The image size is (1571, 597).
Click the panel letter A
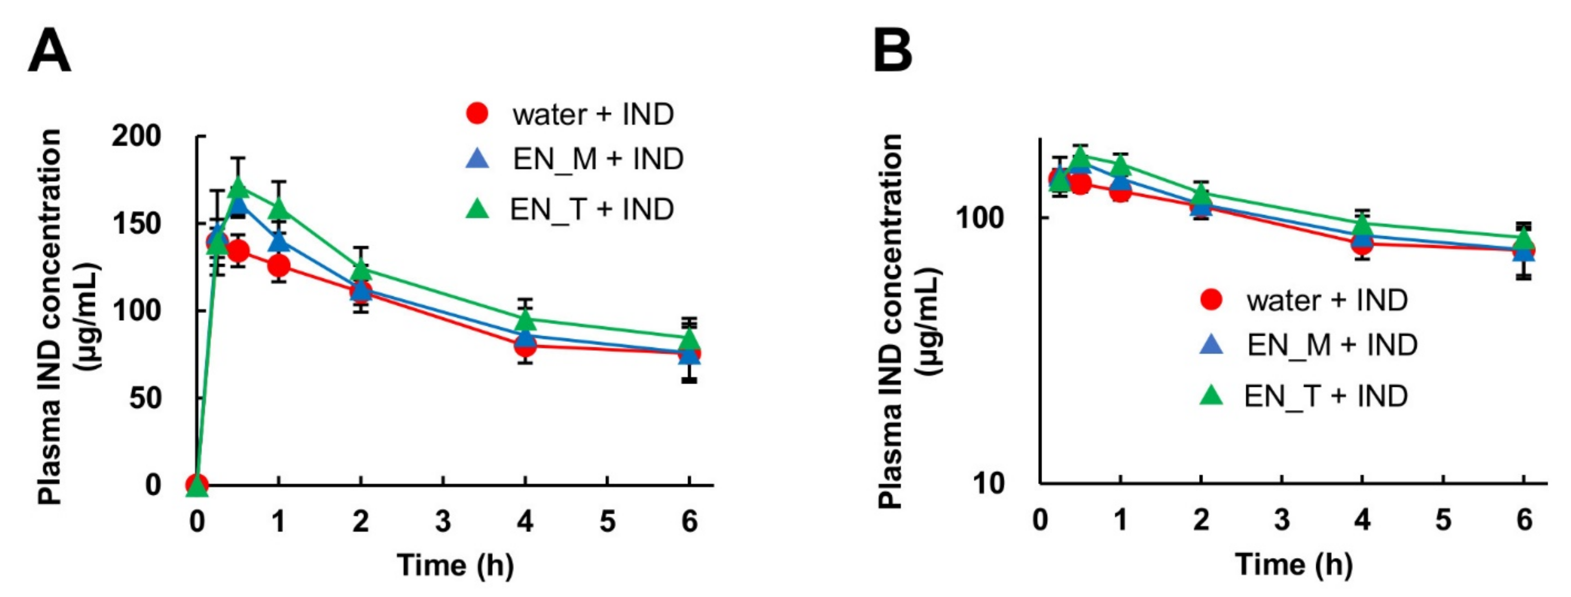click(50, 52)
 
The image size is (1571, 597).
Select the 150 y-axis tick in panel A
click(136, 224)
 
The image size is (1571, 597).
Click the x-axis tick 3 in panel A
click(443, 521)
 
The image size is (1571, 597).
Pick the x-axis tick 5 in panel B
click(1443, 520)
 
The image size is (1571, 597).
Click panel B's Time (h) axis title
click(1294, 565)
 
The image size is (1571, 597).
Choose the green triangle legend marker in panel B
click(1211, 397)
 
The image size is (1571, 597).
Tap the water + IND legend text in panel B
click(1327, 300)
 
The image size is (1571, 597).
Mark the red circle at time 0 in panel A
click(196, 485)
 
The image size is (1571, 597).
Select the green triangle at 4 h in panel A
click(526, 318)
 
